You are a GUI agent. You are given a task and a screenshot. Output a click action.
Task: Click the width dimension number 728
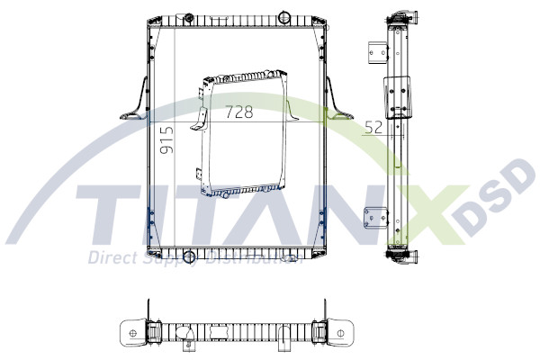tap(238, 112)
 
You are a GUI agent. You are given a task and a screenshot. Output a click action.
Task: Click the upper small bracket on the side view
tap(371, 52)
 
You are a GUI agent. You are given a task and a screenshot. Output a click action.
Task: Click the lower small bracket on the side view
tap(370, 220)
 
